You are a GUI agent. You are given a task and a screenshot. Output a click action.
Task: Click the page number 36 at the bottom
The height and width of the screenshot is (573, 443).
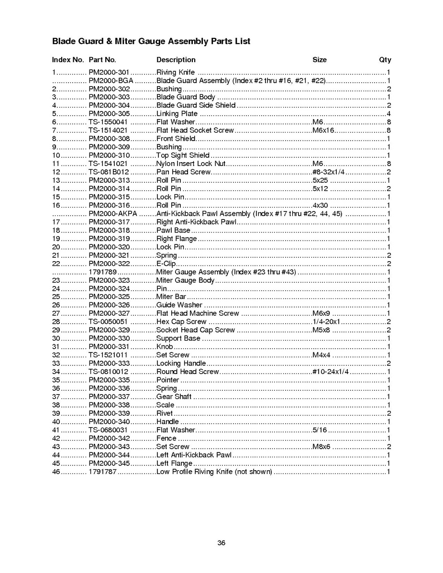click(221, 543)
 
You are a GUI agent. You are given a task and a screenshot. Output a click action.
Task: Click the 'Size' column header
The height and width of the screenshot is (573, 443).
click(319, 60)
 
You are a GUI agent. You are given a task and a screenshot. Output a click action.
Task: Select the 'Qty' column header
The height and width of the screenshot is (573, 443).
click(385, 60)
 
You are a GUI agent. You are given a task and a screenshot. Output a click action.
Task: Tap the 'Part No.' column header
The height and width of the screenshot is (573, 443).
click(102, 60)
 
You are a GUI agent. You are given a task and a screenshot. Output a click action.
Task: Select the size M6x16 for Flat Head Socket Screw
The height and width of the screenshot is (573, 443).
click(323, 130)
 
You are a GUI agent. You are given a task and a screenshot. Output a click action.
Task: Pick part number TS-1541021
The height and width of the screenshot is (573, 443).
click(108, 164)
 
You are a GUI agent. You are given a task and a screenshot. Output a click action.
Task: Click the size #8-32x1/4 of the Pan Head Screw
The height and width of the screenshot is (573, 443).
click(328, 172)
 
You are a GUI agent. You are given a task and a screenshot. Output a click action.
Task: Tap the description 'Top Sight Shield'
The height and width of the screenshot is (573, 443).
click(183, 155)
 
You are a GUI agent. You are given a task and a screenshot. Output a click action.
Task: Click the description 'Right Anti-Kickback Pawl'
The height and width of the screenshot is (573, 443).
click(197, 222)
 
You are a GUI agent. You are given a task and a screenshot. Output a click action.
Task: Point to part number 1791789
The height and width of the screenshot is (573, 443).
click(103, 272)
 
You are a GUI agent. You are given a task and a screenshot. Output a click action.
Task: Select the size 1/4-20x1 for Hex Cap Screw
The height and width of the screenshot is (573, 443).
click(326, 321)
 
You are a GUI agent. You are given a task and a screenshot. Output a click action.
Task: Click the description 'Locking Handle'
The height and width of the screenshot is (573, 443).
click(181, 363)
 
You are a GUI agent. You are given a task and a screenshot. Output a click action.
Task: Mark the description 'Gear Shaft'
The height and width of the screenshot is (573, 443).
click(174, 397)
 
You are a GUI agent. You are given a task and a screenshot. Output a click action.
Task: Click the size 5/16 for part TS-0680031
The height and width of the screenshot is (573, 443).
click(319, 430)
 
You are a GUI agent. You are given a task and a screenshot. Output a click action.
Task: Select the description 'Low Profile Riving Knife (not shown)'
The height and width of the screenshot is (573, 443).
click(214, 472)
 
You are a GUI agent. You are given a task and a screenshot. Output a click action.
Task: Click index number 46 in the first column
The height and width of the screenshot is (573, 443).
click(56, 472)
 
